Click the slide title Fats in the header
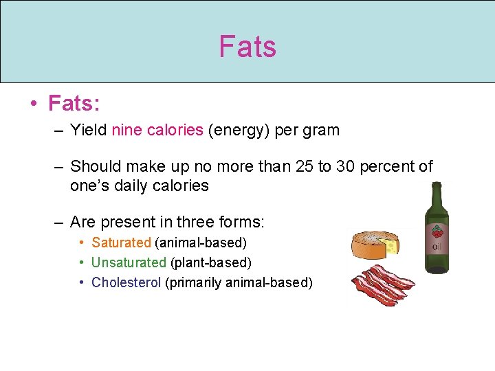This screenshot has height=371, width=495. pos(247,47)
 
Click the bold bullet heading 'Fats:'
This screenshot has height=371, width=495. pos(74,104)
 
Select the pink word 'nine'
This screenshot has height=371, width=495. pos(126,130)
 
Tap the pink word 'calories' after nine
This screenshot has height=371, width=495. pos(175,130)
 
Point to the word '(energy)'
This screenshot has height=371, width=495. pos(239,130)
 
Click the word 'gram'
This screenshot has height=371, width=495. pos(322,130)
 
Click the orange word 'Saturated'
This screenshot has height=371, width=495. pos(121,243)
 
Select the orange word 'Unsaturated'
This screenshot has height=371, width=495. pos(129,262)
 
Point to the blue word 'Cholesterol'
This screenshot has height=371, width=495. pos(126,282)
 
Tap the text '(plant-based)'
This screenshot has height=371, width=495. pos(211,262)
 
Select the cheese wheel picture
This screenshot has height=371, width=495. pos(375,244)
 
